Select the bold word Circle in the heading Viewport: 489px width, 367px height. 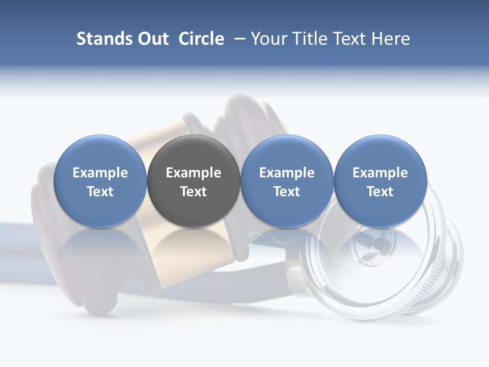pyautogui.click(x=201, y=39)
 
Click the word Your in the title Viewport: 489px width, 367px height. pyautogui.click(x=268, y=39)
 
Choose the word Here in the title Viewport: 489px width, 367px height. pyautogui.click(x=391, y=39)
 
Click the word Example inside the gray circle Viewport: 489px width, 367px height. pyautogui.click(x=194, y=173)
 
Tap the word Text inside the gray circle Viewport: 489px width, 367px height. pyautogui.click(x=194, y=192)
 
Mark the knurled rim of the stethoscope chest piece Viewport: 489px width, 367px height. pyautogui.click(x=448, y=265)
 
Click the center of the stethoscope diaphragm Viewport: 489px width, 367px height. pyautogui.click(x=377, y=240)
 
